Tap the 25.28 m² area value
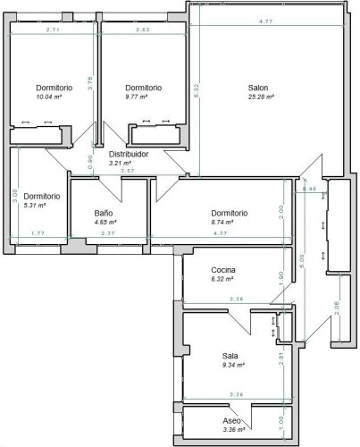coord(261,97)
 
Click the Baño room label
coord(104,213)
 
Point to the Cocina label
coord(223,271)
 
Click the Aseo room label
coord(232,420)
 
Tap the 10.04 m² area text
coord(54,97)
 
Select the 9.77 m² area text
coord(143,97)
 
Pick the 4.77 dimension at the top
coord(265,21)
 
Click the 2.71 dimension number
coord(53,30)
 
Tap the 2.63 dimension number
coord(142,30)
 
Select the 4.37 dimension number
coord(220,234)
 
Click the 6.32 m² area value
coord(223,281)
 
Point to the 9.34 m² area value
coord(232,365)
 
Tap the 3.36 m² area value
coord(232,430)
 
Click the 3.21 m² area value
coord(120,164)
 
